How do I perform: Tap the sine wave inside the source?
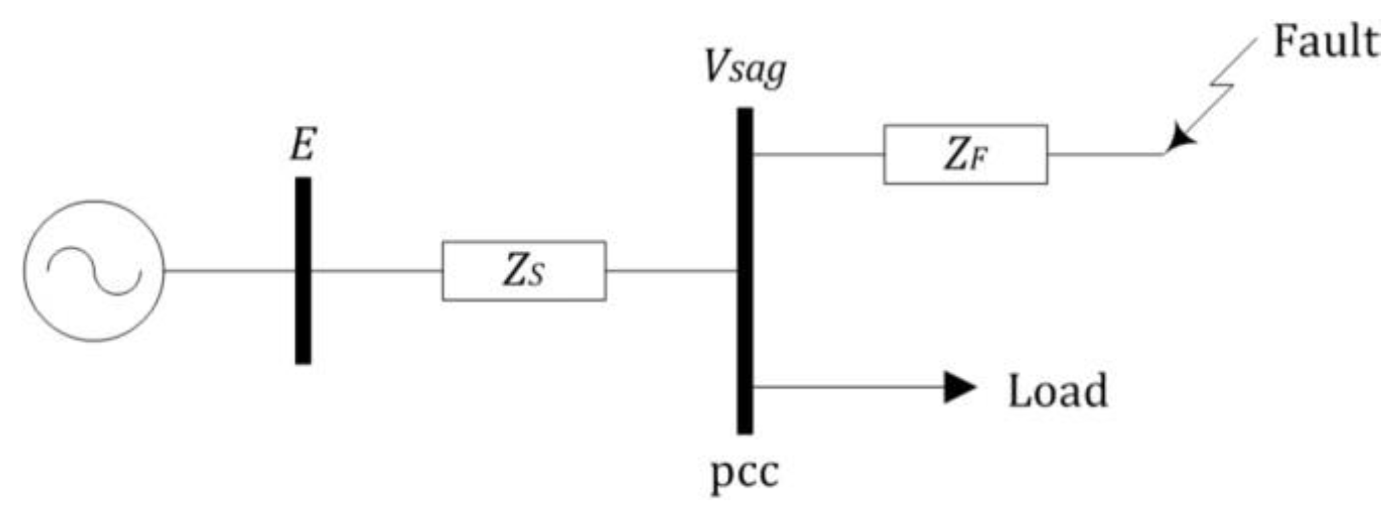click(93, 271)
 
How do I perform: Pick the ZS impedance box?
click(524, 271)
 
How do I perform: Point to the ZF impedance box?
click(965, 155)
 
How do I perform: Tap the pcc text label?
click(745, 473)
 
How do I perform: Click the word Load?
click(1057, 391)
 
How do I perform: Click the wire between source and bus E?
click(229, 271)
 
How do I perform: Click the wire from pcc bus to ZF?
click(818, 155)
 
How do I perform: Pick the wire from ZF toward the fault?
click(1106, 155)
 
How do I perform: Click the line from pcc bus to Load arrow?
click(848, 387)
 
